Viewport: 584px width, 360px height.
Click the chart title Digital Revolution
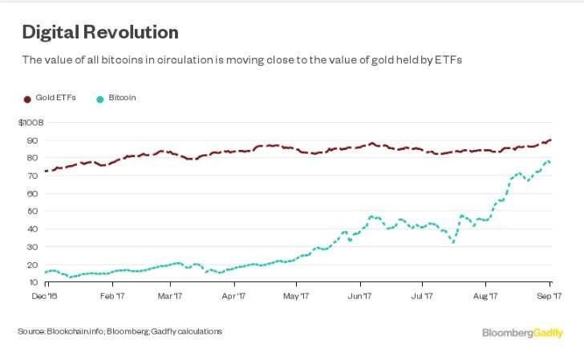pyautogui.click(x=99, y=33)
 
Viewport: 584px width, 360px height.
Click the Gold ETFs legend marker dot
pyautogui.click(x=26, y=99)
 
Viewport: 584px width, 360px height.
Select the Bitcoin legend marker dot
pyautogui.click(x=99, y=99)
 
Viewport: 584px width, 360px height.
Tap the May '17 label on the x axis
pyautogui.click(x=297, y=296)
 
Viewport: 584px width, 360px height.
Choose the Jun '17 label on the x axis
pyautogui.click(x=360, y=296)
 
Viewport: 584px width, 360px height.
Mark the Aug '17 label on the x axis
pyautogui.click(x=485, y=296)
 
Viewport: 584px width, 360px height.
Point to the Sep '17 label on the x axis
pyautogui.click(x=550, y=296)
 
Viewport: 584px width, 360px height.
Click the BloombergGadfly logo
pyautogui.click(x=522, y=332)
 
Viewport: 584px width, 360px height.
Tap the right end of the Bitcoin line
pyautogui.click(x=549, y=162)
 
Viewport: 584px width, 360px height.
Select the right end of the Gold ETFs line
pyautogui.click(x=550, y=140)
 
